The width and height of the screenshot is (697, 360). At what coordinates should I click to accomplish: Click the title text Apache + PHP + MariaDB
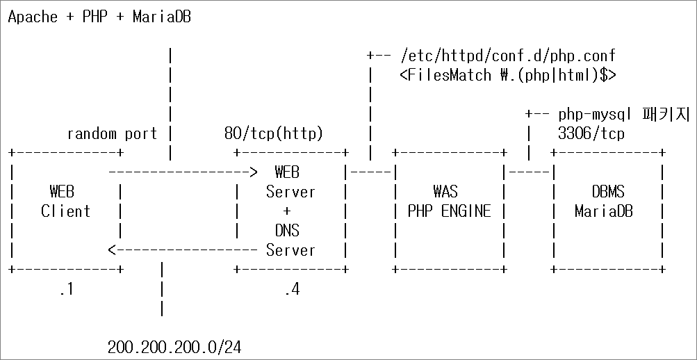coord(99,17)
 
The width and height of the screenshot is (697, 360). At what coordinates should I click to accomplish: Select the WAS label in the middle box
coord(449,191)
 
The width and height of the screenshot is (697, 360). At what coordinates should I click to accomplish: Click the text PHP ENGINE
coord(449,211)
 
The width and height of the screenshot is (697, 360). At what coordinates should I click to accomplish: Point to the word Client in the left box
coord(65,211)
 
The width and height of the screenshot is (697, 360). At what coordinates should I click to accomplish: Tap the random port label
coord(112,133)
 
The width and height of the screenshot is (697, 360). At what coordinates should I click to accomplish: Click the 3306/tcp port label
coord(591,133)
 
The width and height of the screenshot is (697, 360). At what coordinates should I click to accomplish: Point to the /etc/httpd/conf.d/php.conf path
coord(508,56)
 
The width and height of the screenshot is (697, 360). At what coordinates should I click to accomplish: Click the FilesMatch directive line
coord(508,75)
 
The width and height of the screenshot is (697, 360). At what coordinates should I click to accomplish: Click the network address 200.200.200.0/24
coord(174,347)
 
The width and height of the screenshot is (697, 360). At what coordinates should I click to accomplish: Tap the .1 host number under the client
coord(65,289)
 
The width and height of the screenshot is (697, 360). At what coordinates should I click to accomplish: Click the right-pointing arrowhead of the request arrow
coord(254,172)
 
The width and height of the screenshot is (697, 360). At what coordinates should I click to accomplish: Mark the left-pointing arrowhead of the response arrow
coord(112,249)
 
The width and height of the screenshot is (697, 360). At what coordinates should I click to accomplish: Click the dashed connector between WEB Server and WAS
coord(370,172)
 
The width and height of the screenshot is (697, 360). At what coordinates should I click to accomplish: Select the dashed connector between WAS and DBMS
coord(529,172)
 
